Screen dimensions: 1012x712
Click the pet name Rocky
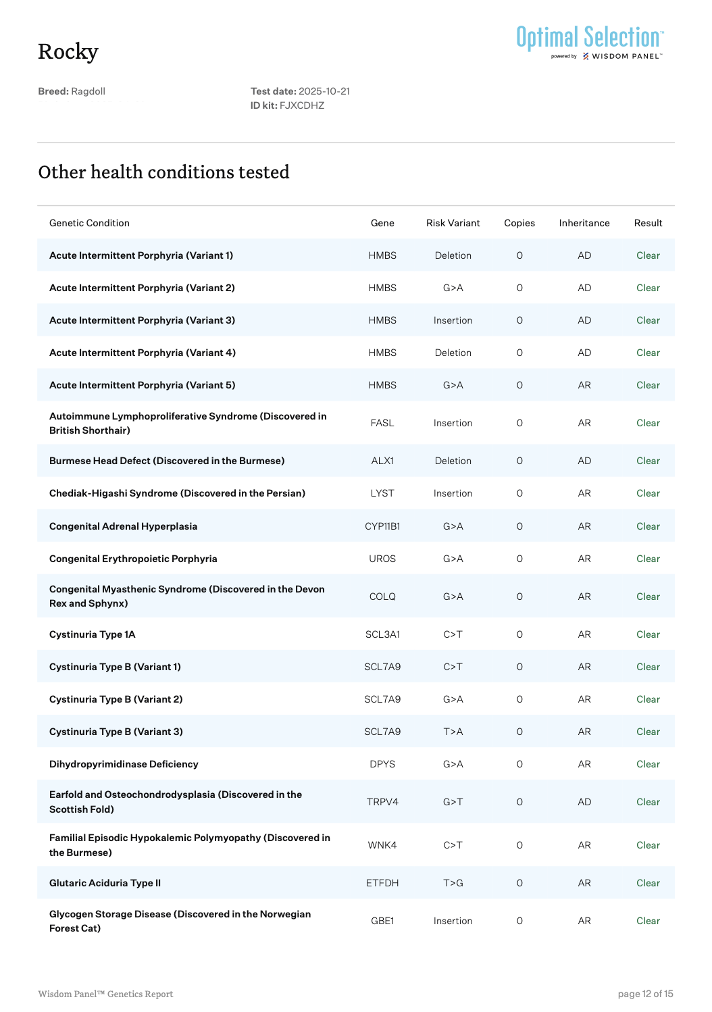pos(68,51)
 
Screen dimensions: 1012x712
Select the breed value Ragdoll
pos(88,91)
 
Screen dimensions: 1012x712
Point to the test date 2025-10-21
pos(324,91)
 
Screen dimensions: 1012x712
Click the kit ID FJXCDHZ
pos(302,105)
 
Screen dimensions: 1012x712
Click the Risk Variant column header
pos(453,223)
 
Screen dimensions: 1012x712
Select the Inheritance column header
pos(584,223)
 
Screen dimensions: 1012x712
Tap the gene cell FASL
pos(382,423)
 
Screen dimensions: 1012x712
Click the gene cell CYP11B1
pos(382,526)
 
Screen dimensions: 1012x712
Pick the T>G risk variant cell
pos(453,883)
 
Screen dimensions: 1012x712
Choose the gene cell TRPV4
pos(382,802)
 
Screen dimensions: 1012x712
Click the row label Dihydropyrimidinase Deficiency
pos(124,764)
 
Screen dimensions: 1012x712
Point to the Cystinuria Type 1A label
pos(93,634)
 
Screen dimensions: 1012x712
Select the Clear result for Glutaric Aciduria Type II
pos(648,883)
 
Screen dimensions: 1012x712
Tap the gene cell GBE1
pos(382,921)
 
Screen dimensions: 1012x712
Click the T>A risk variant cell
pos(453,732)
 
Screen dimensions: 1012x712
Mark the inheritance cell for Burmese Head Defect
pos(584,461)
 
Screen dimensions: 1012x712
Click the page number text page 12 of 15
pos(645,994)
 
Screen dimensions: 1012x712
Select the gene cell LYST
pos(382,493)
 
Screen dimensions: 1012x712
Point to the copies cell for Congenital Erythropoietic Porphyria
pos(519,559)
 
